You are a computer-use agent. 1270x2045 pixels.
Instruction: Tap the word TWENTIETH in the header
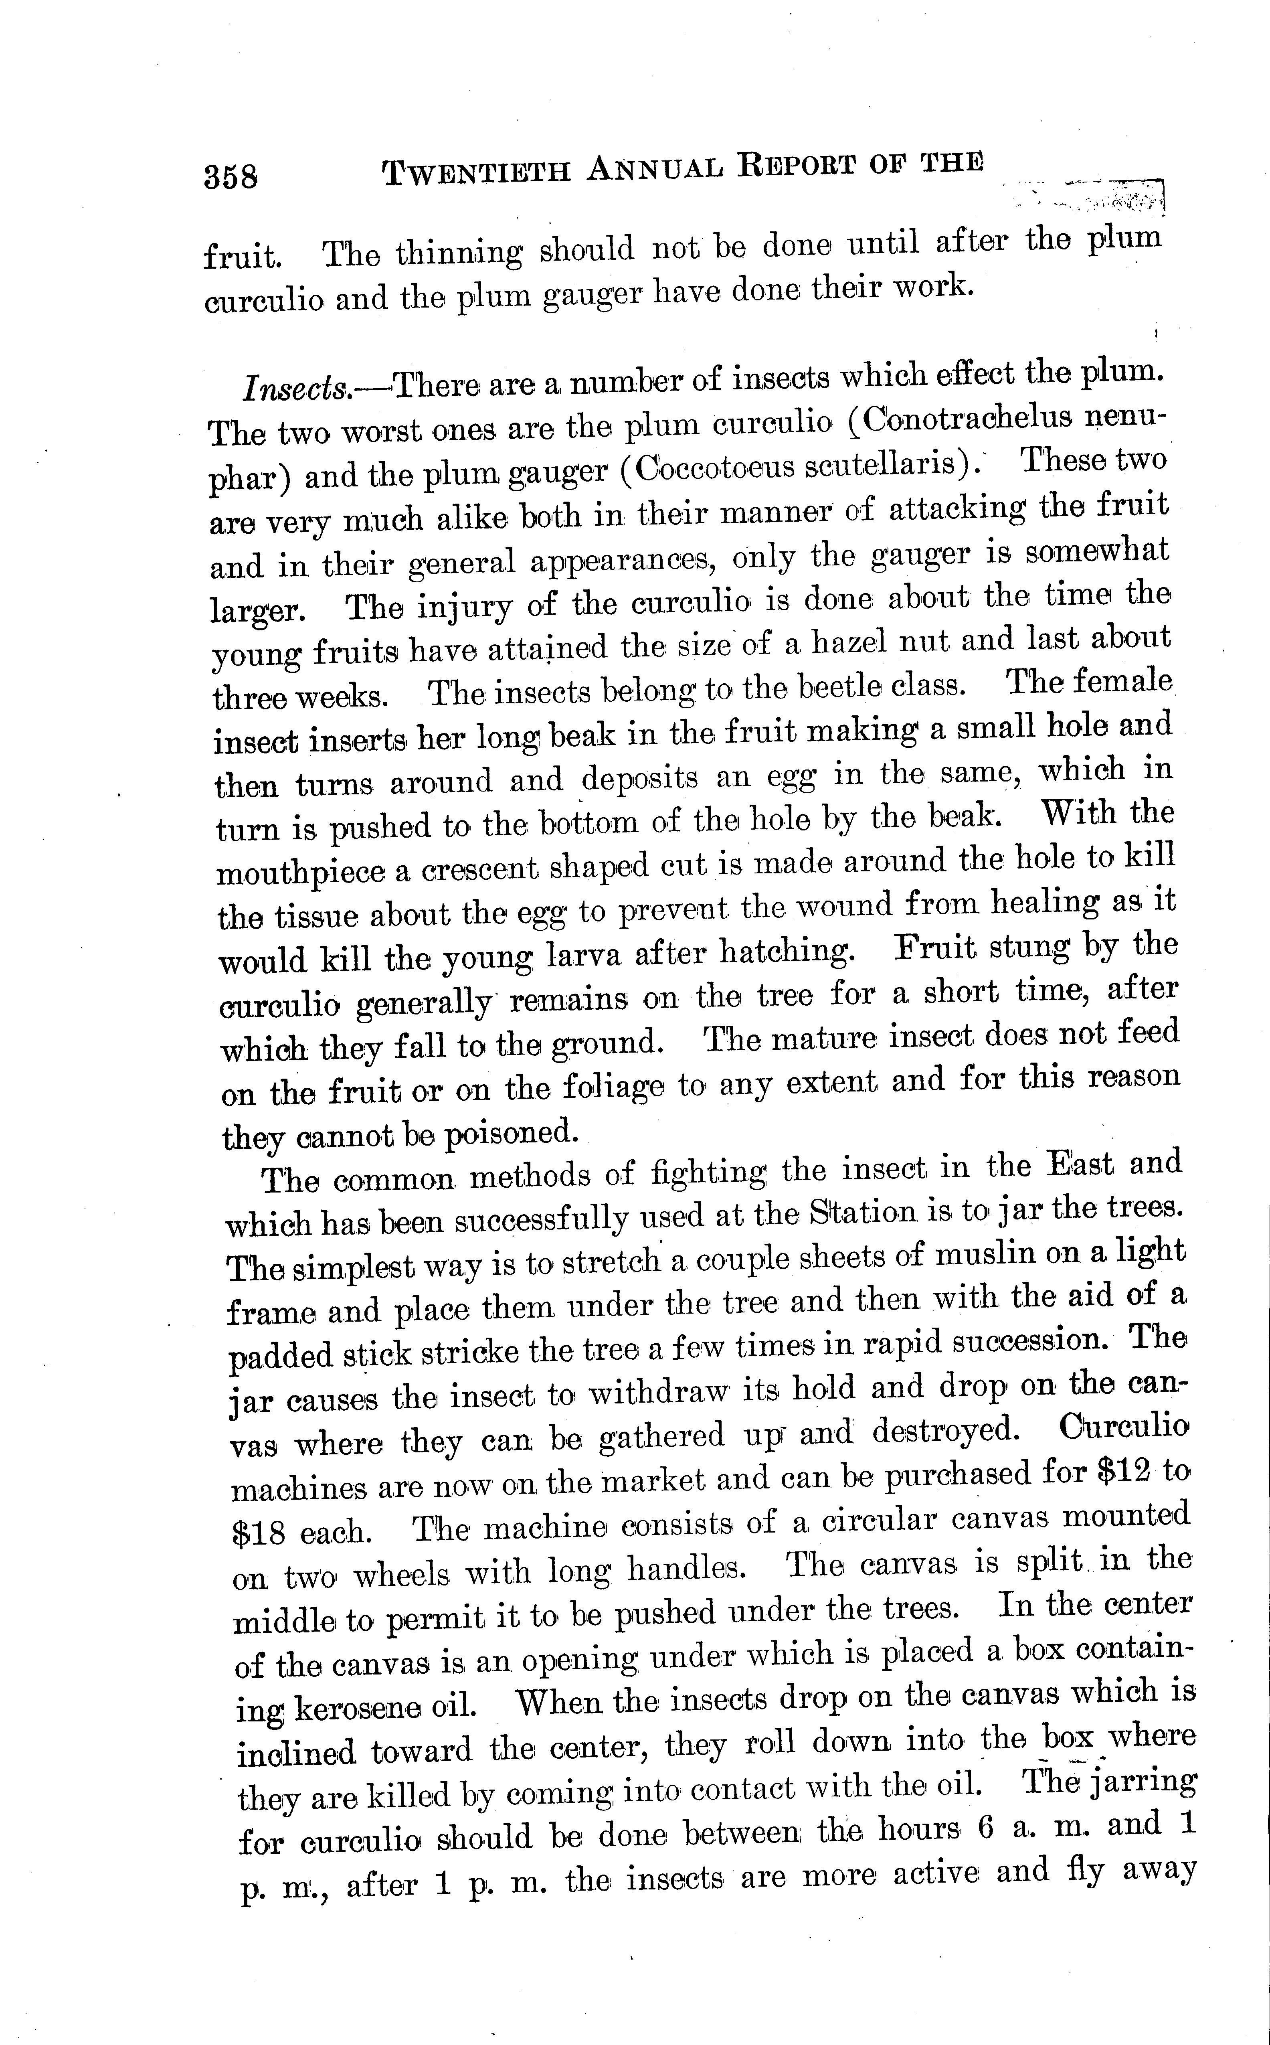point(476,172)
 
